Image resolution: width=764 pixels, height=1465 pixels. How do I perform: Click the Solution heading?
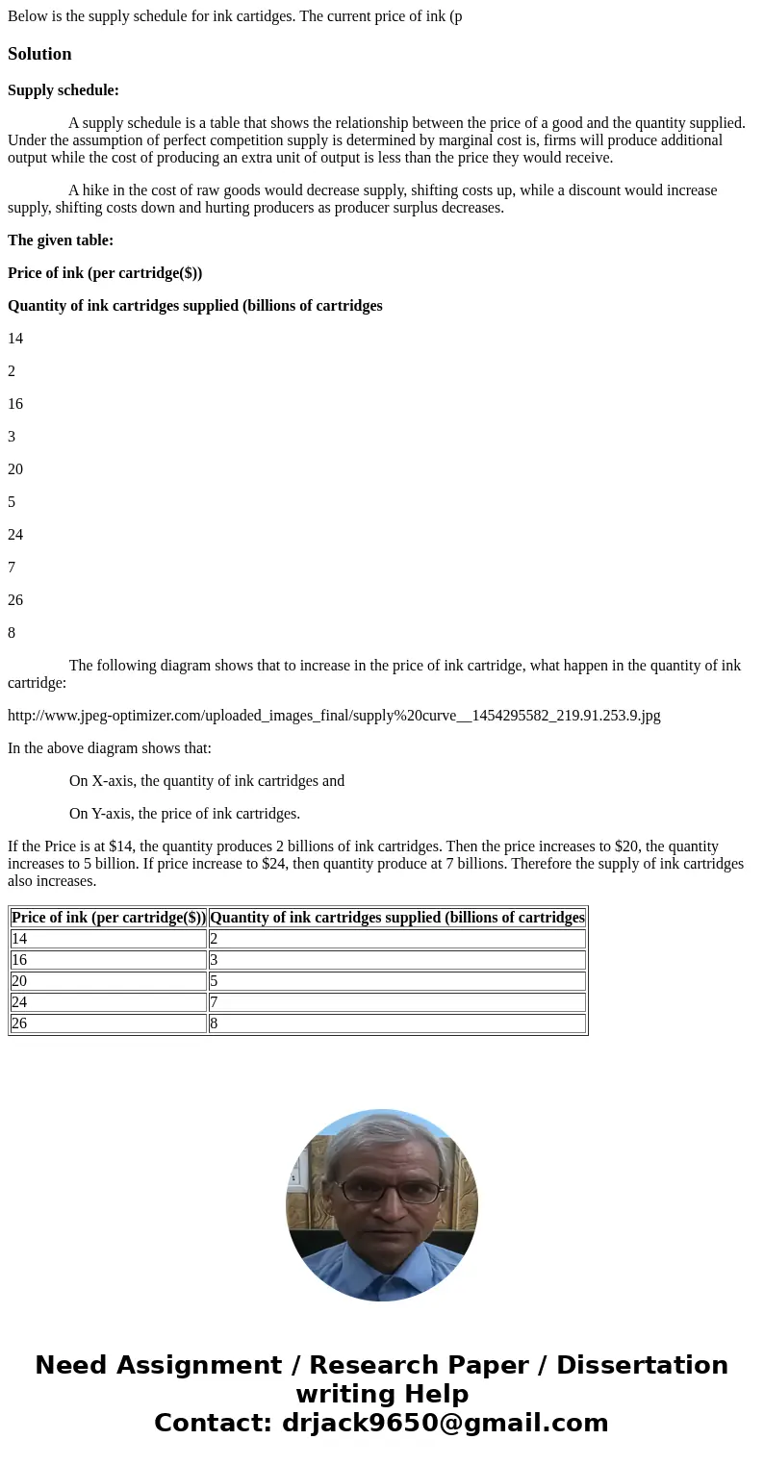point(39,54)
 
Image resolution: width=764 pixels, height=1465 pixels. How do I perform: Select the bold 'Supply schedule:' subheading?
point(64,90)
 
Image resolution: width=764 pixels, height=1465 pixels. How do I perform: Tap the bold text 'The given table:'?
point(61,240)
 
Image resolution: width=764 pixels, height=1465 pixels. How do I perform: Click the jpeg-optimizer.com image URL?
point(334,716)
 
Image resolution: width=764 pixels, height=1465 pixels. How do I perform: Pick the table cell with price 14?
point(109,939)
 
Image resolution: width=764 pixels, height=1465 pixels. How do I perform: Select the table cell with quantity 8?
point(396,1023)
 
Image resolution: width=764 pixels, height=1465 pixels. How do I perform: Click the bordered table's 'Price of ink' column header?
point(109,918)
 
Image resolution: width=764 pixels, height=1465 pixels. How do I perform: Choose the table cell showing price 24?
point(109,1002)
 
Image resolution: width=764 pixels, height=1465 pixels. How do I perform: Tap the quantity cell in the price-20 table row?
point(396,981)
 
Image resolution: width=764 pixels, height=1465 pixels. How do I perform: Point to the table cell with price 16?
point(109,960)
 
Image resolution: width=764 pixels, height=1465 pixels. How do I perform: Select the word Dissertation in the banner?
point(642,1365)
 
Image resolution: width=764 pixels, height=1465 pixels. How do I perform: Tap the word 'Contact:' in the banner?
point(213,1423)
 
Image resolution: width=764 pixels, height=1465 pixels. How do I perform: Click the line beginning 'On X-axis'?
point(206,781)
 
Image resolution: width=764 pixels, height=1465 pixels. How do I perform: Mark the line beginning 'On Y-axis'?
point(184,814)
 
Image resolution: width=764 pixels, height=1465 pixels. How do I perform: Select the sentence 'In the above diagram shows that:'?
point(110,748)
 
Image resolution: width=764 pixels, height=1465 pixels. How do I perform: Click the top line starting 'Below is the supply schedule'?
point(235,16)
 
